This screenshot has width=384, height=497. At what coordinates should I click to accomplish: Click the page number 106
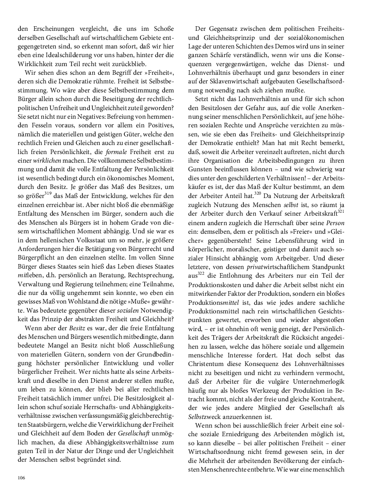[21, 477]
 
